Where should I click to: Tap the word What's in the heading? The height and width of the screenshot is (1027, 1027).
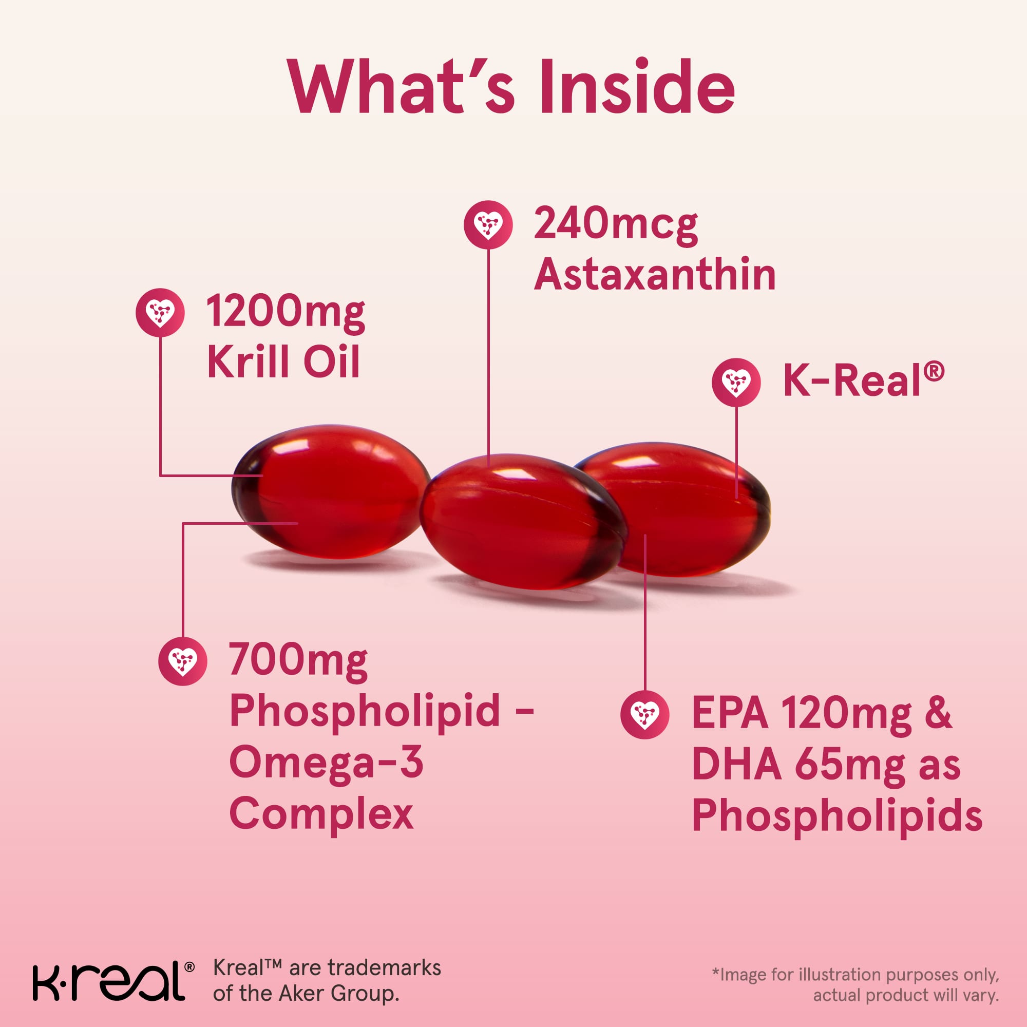click(x=402, y=87)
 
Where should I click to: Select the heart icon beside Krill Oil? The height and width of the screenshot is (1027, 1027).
click(x=160, y=313)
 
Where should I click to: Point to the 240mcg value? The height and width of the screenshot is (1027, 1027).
click(x=616, y=225)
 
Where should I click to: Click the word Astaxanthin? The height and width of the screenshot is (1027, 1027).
click(x=655, y=274)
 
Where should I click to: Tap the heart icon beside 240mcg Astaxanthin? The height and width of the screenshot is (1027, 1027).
click(x=488, y=224)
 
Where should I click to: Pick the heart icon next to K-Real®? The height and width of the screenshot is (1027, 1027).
click(x=736, y=382)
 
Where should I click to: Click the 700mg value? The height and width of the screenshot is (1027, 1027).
click(x=298, y=662)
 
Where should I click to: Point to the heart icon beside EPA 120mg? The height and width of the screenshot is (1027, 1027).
click(x=645, y=714)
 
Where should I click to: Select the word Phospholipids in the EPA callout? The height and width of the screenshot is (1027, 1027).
click(x=837, y=816)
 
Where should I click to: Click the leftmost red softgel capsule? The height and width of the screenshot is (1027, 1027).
click(x=331, y=492)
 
